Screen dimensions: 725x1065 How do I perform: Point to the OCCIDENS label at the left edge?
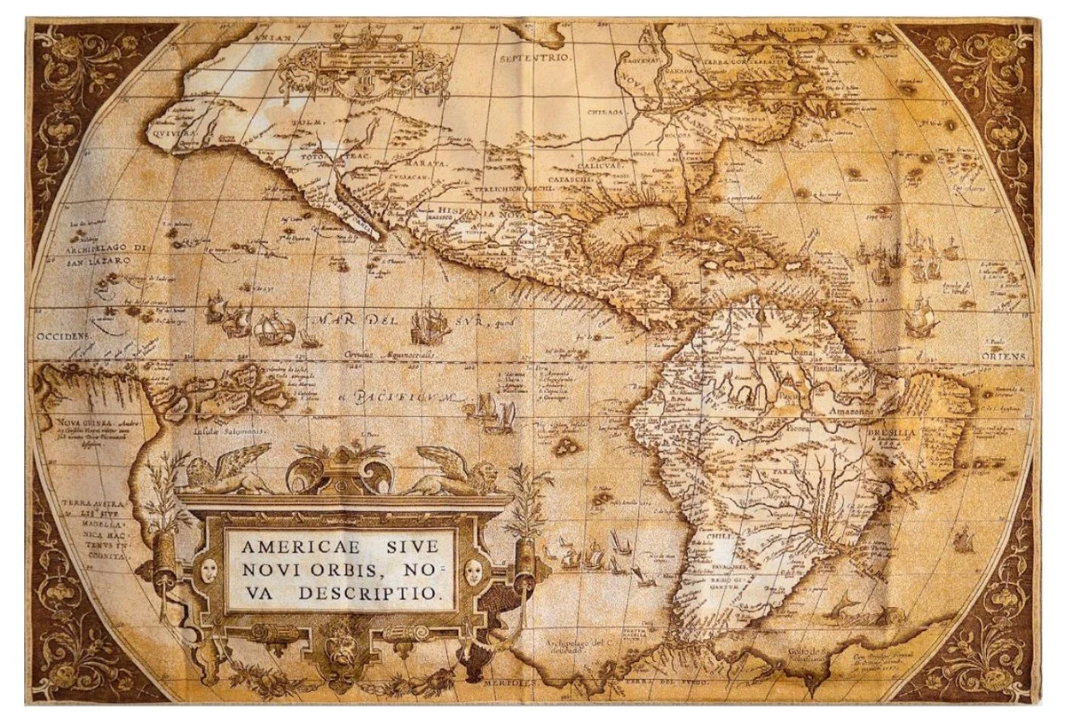pyautogui.click(x=62, y=337)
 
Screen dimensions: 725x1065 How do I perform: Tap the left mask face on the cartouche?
pyautogui.click(x=210, y=570)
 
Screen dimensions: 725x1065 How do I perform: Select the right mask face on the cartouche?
pyautogui.click(x=473, y=571)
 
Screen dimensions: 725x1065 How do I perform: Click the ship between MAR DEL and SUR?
pyautogui.click(x=429, y=321)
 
